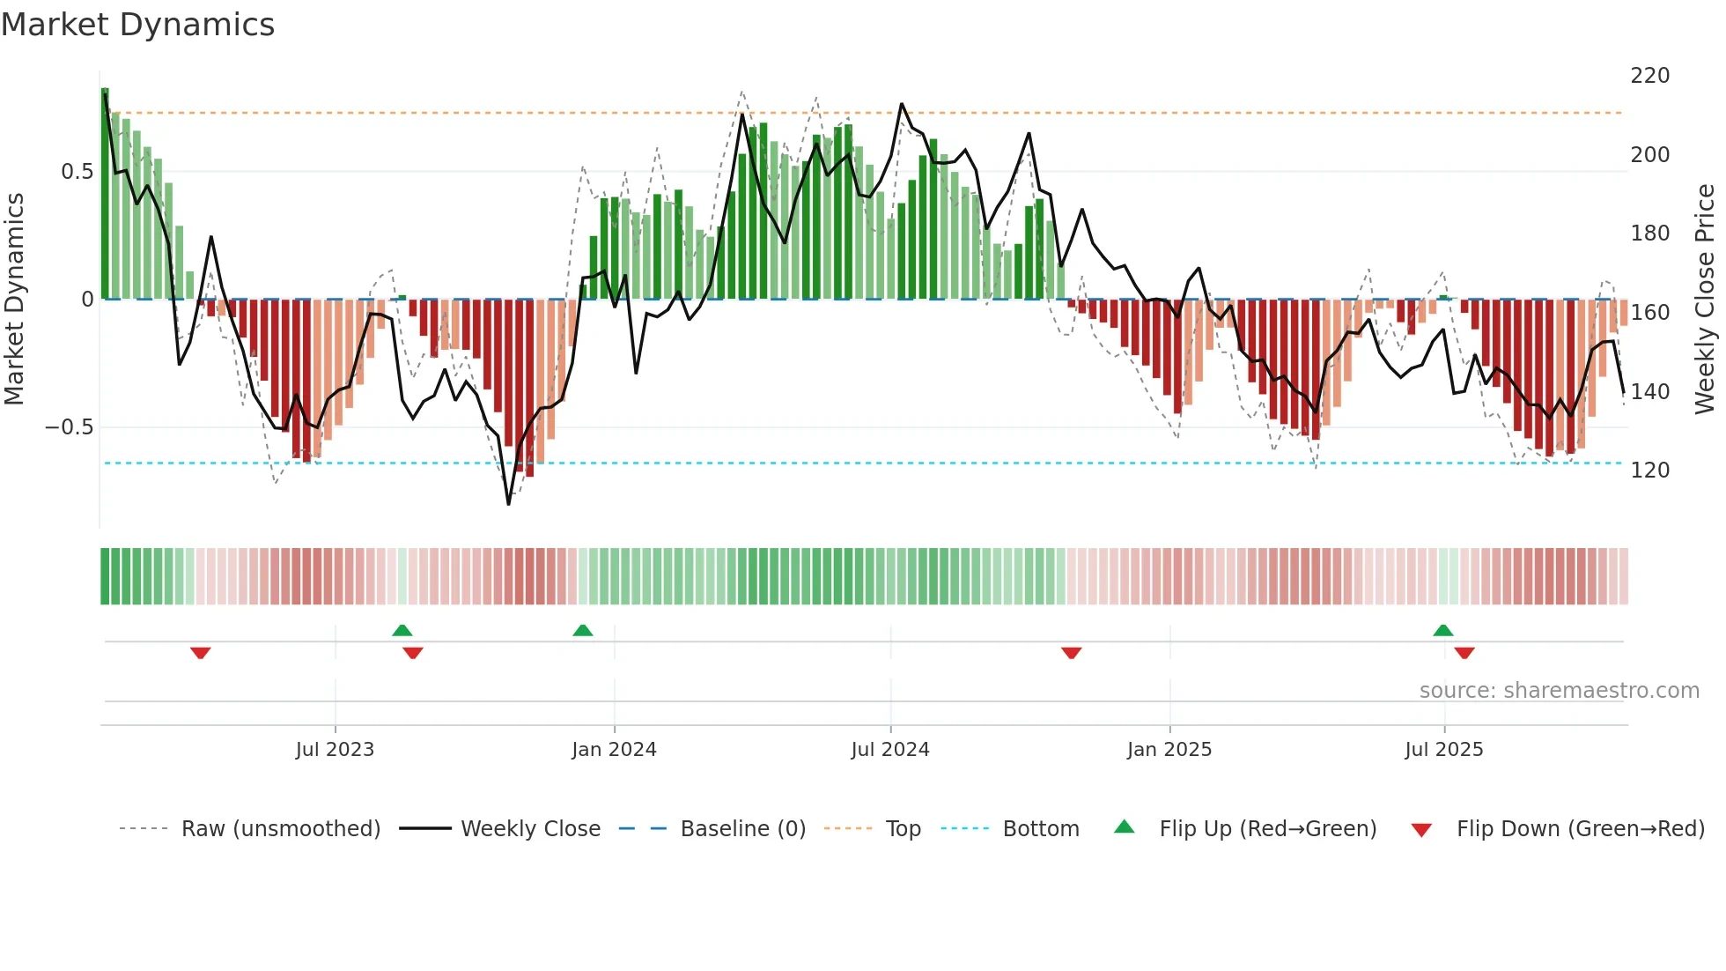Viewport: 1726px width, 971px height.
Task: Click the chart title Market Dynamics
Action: tap(137, 25)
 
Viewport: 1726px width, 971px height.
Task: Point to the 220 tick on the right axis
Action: tap(1649, 76)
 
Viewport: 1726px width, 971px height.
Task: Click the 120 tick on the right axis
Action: tap(1649, 471)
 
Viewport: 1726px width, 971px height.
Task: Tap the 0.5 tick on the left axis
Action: tap(77, 172)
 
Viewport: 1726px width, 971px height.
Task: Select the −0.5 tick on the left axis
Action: tap(70, 427)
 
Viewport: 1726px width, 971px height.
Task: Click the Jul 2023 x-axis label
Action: tap(335, 750)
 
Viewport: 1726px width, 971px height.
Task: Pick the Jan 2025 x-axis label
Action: tap(1169, 750)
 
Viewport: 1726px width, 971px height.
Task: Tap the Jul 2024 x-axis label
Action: tap(890, 750)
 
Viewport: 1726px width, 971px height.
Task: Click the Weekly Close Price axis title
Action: tap(1705, 300)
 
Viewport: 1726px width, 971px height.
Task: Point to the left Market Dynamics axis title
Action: tap(14, 300)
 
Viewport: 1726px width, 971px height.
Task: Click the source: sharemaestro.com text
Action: tap(1559, 691)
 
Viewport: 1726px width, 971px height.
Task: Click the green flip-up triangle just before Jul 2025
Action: tap(1442, 631)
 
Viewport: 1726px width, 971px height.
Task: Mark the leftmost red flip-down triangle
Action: tap(201, 653)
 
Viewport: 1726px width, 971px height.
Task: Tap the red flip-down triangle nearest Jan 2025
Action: tap(1071, 653)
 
